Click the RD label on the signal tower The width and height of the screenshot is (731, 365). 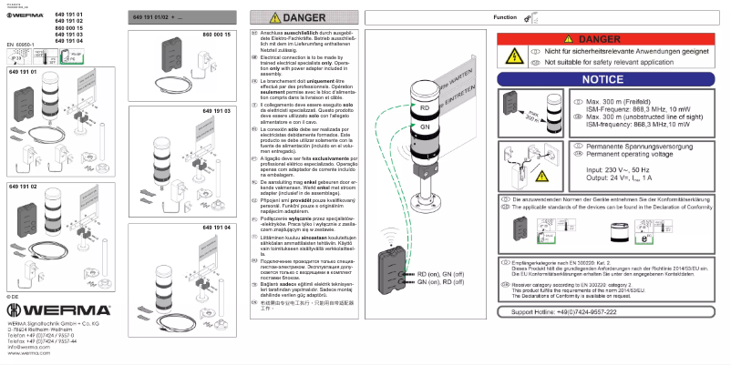click(x=426, y=106)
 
